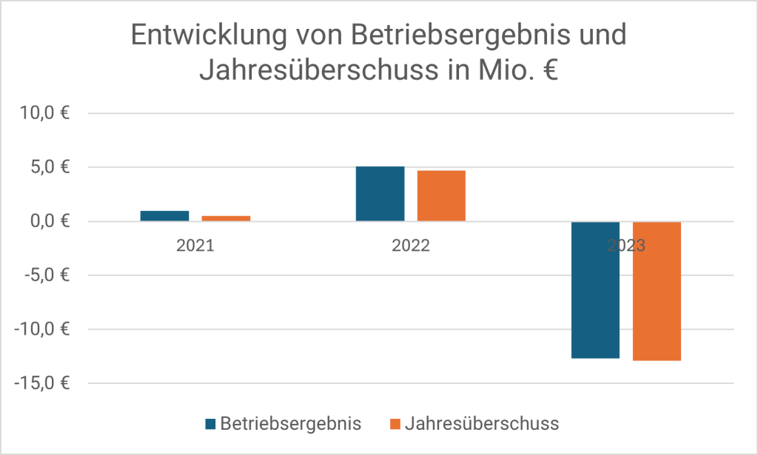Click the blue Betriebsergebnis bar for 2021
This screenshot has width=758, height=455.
click(x=164, y=216)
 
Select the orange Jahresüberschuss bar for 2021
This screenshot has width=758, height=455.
click(x=226, y=218)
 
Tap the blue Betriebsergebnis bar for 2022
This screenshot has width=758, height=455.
click(x=380, y=194)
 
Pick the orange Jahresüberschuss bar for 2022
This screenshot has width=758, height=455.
click(x=441, y=196)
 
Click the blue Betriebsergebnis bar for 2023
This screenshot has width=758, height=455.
click(x=595, y=290)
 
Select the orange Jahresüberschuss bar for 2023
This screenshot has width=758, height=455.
click(x=657, y=291)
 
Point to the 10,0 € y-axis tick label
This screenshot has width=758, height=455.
click(x=45, y=113)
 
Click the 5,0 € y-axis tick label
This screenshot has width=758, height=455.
click(x=50, y=167)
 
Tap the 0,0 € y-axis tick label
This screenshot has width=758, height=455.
click(x=50, y=221)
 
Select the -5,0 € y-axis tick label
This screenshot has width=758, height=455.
click(x=47, y=275)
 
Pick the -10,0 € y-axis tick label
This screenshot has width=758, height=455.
click(x=42, y=329)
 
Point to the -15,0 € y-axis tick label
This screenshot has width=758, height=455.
click(x=42, y=383)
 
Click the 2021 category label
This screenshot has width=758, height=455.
click(x=195, y=246)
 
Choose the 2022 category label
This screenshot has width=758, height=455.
click(x=411, y=246)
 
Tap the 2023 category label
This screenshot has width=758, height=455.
click(x=626, y=246)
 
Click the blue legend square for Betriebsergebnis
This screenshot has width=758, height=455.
click(x=210, y=424)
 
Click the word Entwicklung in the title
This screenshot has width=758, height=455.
click(x=203, y=36)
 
